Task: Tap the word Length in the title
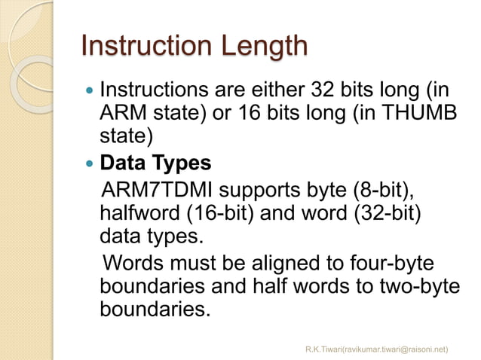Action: (262, 47)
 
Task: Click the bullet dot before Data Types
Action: (91, 163)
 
